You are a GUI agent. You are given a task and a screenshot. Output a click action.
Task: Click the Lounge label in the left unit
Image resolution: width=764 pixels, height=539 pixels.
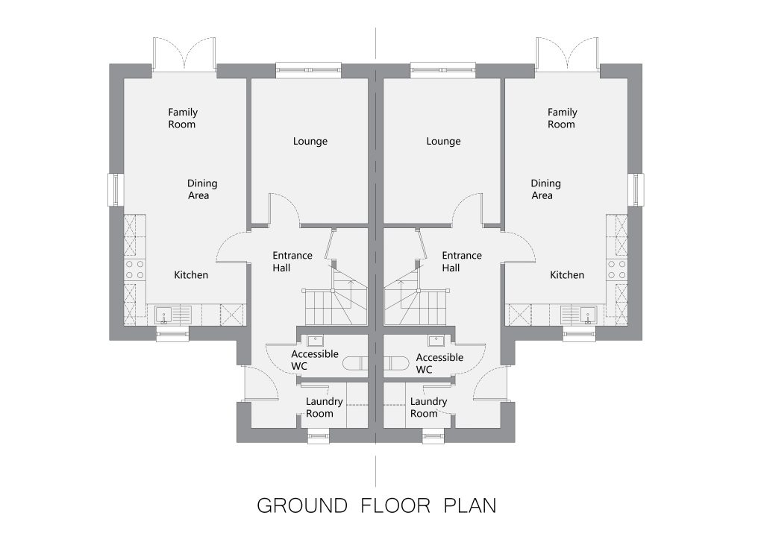pos(310,141)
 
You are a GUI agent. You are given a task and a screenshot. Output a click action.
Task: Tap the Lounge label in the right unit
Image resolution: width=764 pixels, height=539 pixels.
pos(443,141)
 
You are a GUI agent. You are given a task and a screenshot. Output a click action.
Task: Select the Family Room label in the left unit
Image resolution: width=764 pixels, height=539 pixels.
pos(183,119)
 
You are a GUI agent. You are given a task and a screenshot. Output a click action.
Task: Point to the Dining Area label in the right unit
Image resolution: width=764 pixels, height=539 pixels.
pos(545,189)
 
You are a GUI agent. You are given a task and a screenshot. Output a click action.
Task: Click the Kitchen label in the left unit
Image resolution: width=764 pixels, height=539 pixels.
pos(191,275)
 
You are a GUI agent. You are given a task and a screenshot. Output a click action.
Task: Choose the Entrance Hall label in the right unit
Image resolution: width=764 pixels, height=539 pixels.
pos(461,262)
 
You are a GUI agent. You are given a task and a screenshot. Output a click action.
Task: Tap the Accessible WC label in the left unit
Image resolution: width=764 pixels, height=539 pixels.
pos(315,360)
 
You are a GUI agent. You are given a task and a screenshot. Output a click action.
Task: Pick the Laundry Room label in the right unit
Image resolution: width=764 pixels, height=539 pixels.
pos(428,408)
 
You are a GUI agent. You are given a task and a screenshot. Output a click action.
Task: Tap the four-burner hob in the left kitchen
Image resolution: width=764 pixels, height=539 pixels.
pos(134,270)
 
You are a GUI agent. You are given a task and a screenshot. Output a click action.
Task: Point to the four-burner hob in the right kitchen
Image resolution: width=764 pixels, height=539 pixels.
pos(617,270)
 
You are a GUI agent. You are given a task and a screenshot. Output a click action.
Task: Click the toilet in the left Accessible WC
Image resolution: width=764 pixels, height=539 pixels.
pos(355,363)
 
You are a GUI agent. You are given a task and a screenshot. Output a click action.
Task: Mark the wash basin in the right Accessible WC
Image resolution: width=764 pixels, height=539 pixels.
pos(436,340)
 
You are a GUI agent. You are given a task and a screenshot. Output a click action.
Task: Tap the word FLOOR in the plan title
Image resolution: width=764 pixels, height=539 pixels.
pos(395,506)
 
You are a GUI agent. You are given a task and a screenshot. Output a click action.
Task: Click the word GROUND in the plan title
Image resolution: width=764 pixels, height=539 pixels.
pos(302,506)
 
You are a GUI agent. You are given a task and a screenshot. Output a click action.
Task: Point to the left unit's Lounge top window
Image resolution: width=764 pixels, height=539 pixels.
pos(309,70)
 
